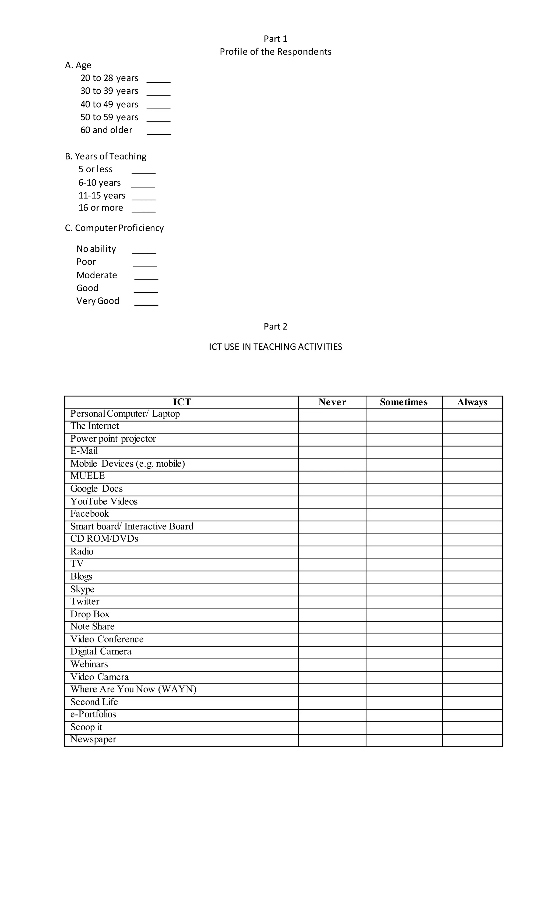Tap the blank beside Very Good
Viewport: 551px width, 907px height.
point(146,303)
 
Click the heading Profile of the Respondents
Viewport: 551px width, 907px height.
point(275,52)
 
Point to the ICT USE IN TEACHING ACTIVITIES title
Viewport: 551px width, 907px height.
point(275,347)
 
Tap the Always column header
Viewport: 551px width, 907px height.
point(472,402)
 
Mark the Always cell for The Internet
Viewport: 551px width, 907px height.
point(472,427)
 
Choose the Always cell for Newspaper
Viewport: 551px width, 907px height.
point(472,740)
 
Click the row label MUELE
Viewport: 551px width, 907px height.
point(88,476)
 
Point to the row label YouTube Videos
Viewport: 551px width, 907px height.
point(104,501)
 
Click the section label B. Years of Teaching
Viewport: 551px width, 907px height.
point(106,156)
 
